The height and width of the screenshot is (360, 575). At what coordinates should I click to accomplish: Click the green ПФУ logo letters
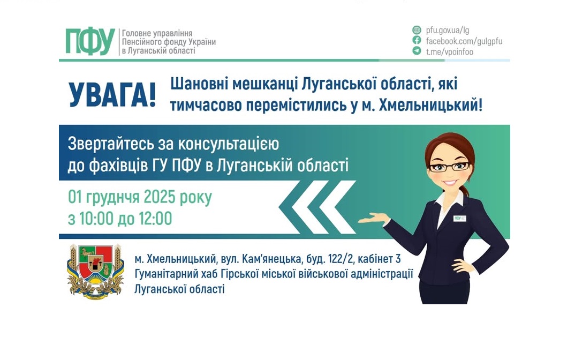tap(90, 41)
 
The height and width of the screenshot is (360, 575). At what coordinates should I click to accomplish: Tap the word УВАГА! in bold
tap(112, 94)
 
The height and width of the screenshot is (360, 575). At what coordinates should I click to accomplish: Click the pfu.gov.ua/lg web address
tap(448, 30)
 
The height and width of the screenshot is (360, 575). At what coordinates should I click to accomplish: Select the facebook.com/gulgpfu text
tap(464, 41)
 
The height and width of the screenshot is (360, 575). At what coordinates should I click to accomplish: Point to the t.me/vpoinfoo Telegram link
tap(449, 51)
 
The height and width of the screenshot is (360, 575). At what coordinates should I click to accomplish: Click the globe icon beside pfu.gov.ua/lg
tap(417, 30)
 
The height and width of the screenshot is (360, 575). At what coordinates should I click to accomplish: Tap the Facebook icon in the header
tap(417, 40)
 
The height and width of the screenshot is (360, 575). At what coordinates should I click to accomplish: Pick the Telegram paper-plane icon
tap(417, 51)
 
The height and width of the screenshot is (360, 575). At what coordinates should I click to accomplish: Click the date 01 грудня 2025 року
tap(140, 197)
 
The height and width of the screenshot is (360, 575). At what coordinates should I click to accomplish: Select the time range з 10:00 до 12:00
tap(120, 219)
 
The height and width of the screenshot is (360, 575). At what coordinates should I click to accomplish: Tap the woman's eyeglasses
tap(449, 166)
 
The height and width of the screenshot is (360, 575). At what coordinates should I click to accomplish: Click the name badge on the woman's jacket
tap(460, 218)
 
